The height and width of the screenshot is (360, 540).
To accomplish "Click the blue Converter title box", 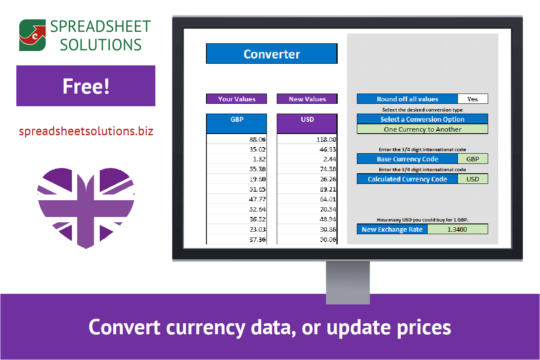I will [272, 54].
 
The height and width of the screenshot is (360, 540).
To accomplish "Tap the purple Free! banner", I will [86, 86].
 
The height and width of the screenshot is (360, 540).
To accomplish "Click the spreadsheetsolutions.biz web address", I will [86, 132].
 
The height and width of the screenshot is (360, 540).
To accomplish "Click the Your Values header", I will [237, 99].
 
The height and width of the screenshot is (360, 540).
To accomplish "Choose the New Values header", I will [307, 99].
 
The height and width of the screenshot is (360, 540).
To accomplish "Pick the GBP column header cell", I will [237, 123].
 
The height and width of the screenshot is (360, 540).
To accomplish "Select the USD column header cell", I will [307, 123].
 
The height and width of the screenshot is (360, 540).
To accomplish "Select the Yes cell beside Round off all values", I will [473, 99].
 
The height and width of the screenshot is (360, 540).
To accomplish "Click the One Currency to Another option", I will [422, 129].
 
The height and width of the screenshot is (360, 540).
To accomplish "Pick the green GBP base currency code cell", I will [473, 159].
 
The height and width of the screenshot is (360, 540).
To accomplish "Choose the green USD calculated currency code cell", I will [473, 179].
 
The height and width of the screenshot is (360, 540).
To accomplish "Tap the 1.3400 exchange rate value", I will [457, 229].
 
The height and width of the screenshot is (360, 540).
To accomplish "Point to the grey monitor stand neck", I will [348, 282].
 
